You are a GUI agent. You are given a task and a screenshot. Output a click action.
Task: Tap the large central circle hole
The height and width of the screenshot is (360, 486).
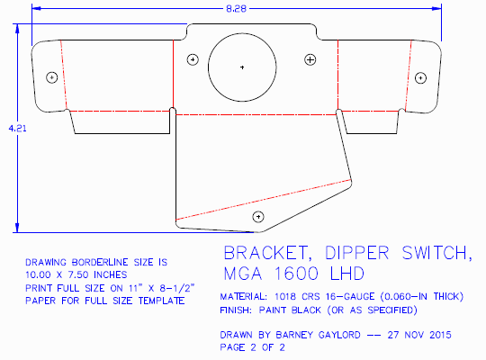242,67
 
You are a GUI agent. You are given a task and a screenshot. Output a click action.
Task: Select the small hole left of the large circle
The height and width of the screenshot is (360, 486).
192,60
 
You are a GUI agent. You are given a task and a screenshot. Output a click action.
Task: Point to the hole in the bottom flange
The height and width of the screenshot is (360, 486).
259,215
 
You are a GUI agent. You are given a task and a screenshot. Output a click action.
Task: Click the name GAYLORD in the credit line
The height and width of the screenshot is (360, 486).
336,334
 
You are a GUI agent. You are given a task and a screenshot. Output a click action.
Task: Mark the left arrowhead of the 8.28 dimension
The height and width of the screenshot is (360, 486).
37,9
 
